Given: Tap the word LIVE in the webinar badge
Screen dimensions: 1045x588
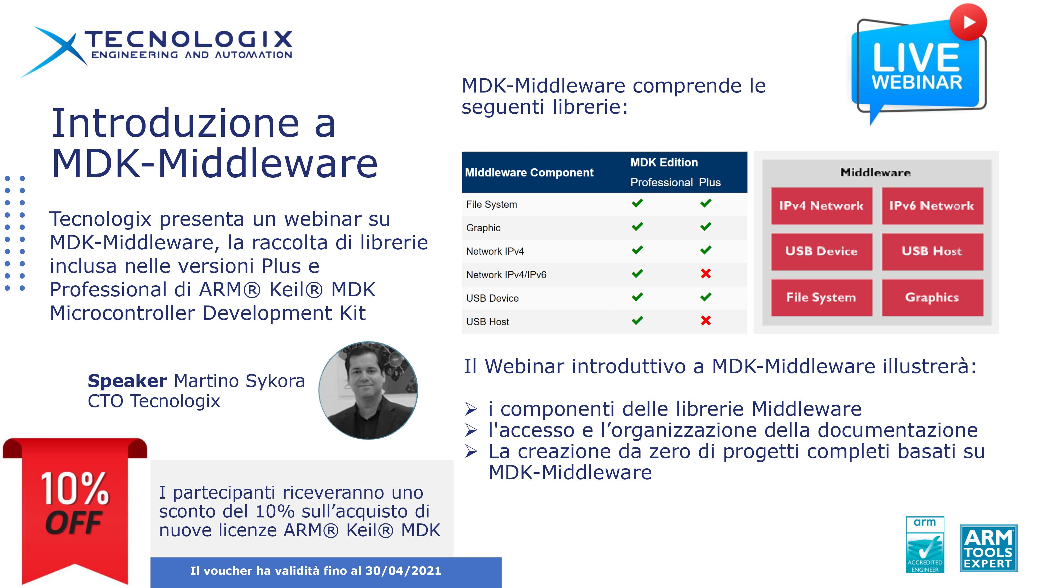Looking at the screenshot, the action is coord(916,57).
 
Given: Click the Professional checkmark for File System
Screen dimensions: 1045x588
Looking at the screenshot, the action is coord(637,203).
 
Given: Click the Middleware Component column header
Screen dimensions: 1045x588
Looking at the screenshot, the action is coord(529,172).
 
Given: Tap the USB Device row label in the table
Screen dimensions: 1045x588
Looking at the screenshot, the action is coord(492,298).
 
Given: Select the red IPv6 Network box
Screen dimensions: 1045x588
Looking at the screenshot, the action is coord(932,206).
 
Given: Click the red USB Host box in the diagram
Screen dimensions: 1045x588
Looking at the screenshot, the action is coord(932,252).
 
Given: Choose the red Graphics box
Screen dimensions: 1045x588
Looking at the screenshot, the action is coord(932,297).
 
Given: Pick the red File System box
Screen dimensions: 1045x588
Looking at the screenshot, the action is coord(821,297).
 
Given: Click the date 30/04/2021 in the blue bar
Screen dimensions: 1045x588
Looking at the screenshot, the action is coord(403,571).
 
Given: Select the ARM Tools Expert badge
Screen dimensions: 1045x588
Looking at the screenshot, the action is coord(988,548).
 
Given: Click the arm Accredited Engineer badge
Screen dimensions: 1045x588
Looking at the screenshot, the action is coord(925,545).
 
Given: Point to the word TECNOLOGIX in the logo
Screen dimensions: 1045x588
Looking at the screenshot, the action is coord(188,39).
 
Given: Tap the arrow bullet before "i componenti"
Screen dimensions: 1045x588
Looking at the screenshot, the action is coord(471,409).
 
